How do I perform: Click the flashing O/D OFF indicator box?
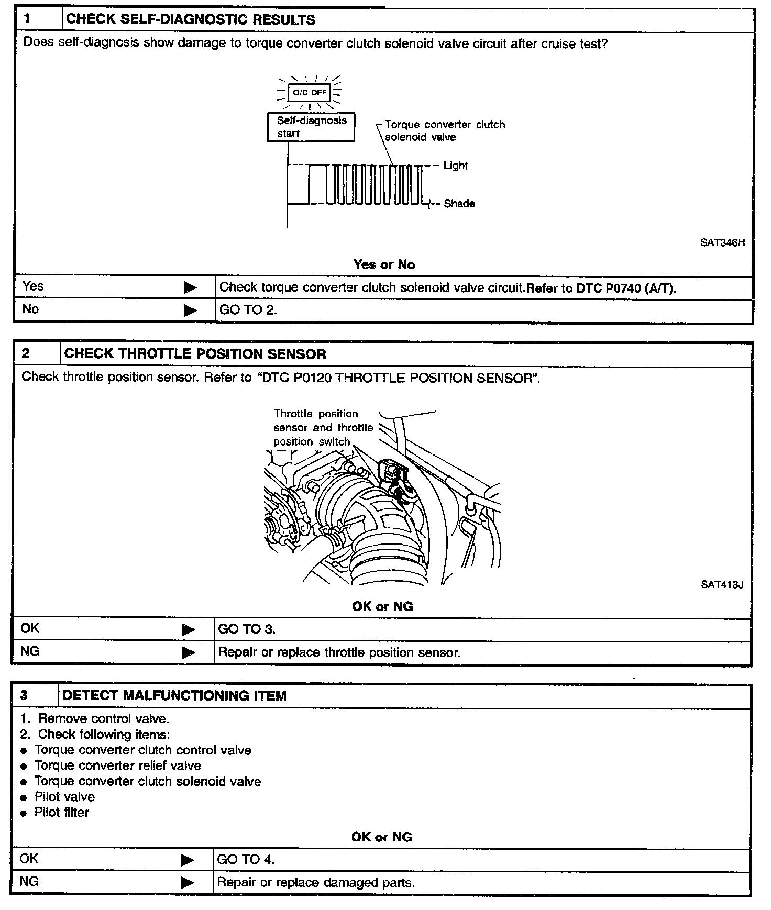310,93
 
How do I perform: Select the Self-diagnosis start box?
311,127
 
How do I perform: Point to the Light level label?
455,165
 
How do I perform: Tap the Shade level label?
459,204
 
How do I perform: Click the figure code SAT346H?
722,242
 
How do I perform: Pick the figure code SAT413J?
722,584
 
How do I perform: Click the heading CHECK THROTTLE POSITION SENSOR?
195,354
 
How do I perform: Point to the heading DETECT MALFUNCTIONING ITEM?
174,696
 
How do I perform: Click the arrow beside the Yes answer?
190,287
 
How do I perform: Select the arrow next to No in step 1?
190,310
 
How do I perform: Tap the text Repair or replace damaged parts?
316,882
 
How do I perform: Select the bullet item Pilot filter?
62,812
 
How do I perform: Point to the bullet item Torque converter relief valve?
118,765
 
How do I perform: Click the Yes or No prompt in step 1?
384,264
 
